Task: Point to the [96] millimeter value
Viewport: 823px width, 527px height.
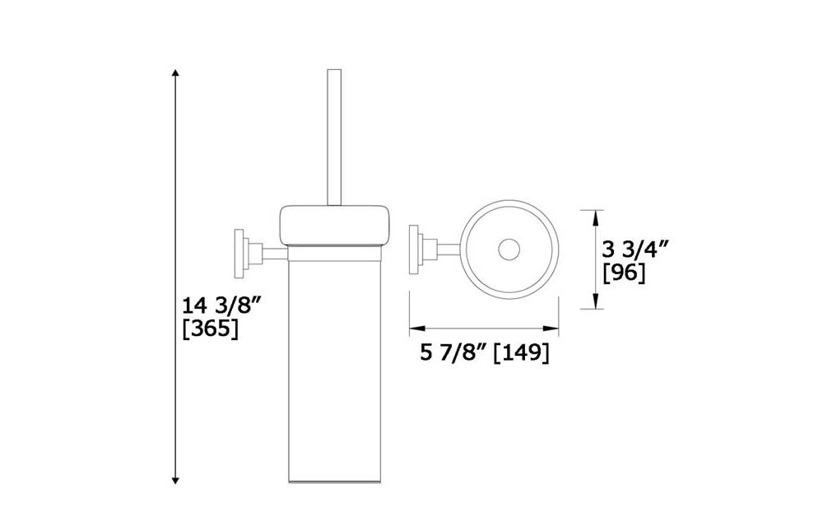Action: click(x=624, y=273)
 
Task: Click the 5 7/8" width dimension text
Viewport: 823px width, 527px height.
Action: click(x=452, y=353)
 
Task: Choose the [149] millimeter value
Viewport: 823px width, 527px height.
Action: click(x=521, y=353)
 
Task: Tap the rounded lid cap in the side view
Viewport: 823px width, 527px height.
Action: click(x=334, y=224)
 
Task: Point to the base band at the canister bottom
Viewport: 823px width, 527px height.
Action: click(x=334, y=477)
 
